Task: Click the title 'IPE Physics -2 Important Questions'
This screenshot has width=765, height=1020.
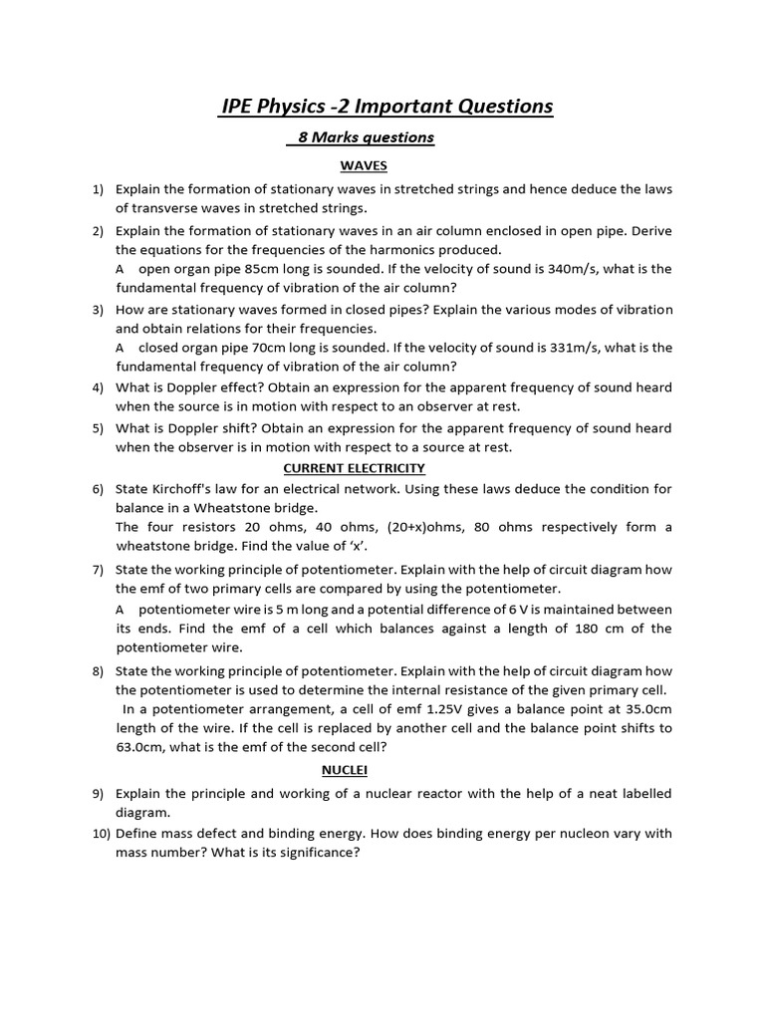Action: pos(385,106)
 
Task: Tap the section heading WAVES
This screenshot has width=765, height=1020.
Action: pos(364,165)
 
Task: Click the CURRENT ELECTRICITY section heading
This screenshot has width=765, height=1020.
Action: pos(354,467)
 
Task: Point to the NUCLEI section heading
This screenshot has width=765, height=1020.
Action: pos(344,770)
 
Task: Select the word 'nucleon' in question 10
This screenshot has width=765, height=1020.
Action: pos(560,833)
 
